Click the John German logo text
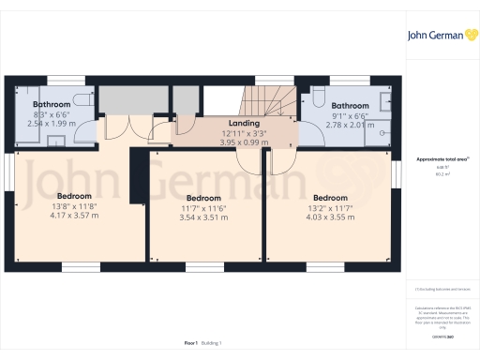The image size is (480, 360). [x=433, y=37]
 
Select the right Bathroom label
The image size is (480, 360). [x=349, y=106]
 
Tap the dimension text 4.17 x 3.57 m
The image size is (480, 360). [x=61, y=216]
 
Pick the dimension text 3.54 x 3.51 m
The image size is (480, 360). [x=203, y=216]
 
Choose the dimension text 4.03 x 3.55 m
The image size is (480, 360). [x=331, y=216]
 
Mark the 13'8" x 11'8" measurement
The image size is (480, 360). [x=61, y=206]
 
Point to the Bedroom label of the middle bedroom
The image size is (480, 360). [x=203, y=198]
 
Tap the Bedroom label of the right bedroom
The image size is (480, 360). [x=331, y=198]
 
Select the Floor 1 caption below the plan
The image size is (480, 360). [x=191, y=344]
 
